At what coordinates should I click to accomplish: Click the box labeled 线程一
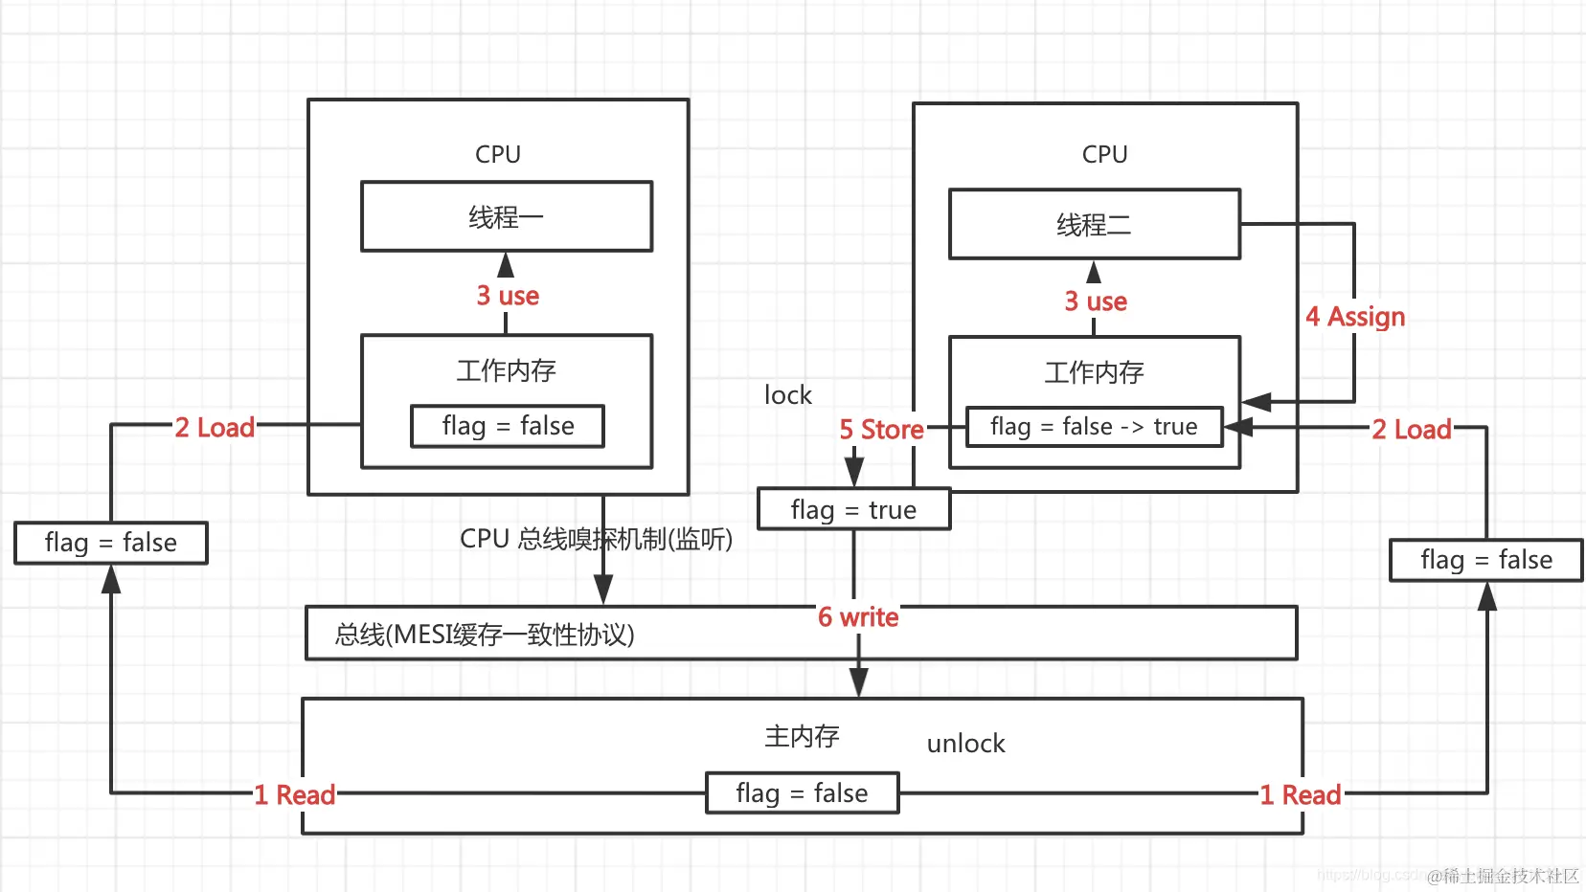pos(506,217)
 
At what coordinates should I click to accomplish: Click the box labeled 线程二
pos(1094,225)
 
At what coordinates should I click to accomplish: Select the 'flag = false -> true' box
pos(1094,427)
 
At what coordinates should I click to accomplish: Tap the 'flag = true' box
pos(853,510)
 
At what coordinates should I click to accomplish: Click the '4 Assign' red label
pos(1355,317)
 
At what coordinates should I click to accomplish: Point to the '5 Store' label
pos(881,430)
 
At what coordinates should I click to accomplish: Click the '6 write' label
pos(858,617)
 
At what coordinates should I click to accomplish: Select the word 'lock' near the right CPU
pos(787,395)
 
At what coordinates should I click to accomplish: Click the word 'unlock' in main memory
pos(965,744)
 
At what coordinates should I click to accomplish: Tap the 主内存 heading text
pos(802,736)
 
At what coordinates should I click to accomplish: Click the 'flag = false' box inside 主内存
pos(802,793)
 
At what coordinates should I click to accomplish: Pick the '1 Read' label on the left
pos(294,795)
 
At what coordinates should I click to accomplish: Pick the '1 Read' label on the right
pos(1300,795)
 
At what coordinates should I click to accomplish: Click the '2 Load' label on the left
pos(215,428)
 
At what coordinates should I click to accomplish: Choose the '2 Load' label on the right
pos(1412,430)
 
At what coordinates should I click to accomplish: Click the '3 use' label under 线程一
pos(508,296)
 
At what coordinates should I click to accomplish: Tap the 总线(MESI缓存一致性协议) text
pos(485,635)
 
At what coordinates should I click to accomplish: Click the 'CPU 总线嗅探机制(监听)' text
pos(596,540)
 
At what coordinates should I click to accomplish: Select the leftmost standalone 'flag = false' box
pos(111,543)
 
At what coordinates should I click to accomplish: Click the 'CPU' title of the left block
pos(498,154)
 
